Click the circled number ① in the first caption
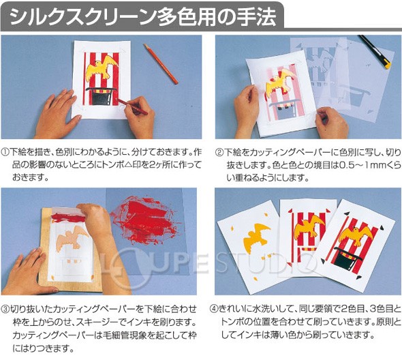[6, 153]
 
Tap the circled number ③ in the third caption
[6, 310]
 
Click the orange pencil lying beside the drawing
[161, 63]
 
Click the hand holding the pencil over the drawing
[138, 109]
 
